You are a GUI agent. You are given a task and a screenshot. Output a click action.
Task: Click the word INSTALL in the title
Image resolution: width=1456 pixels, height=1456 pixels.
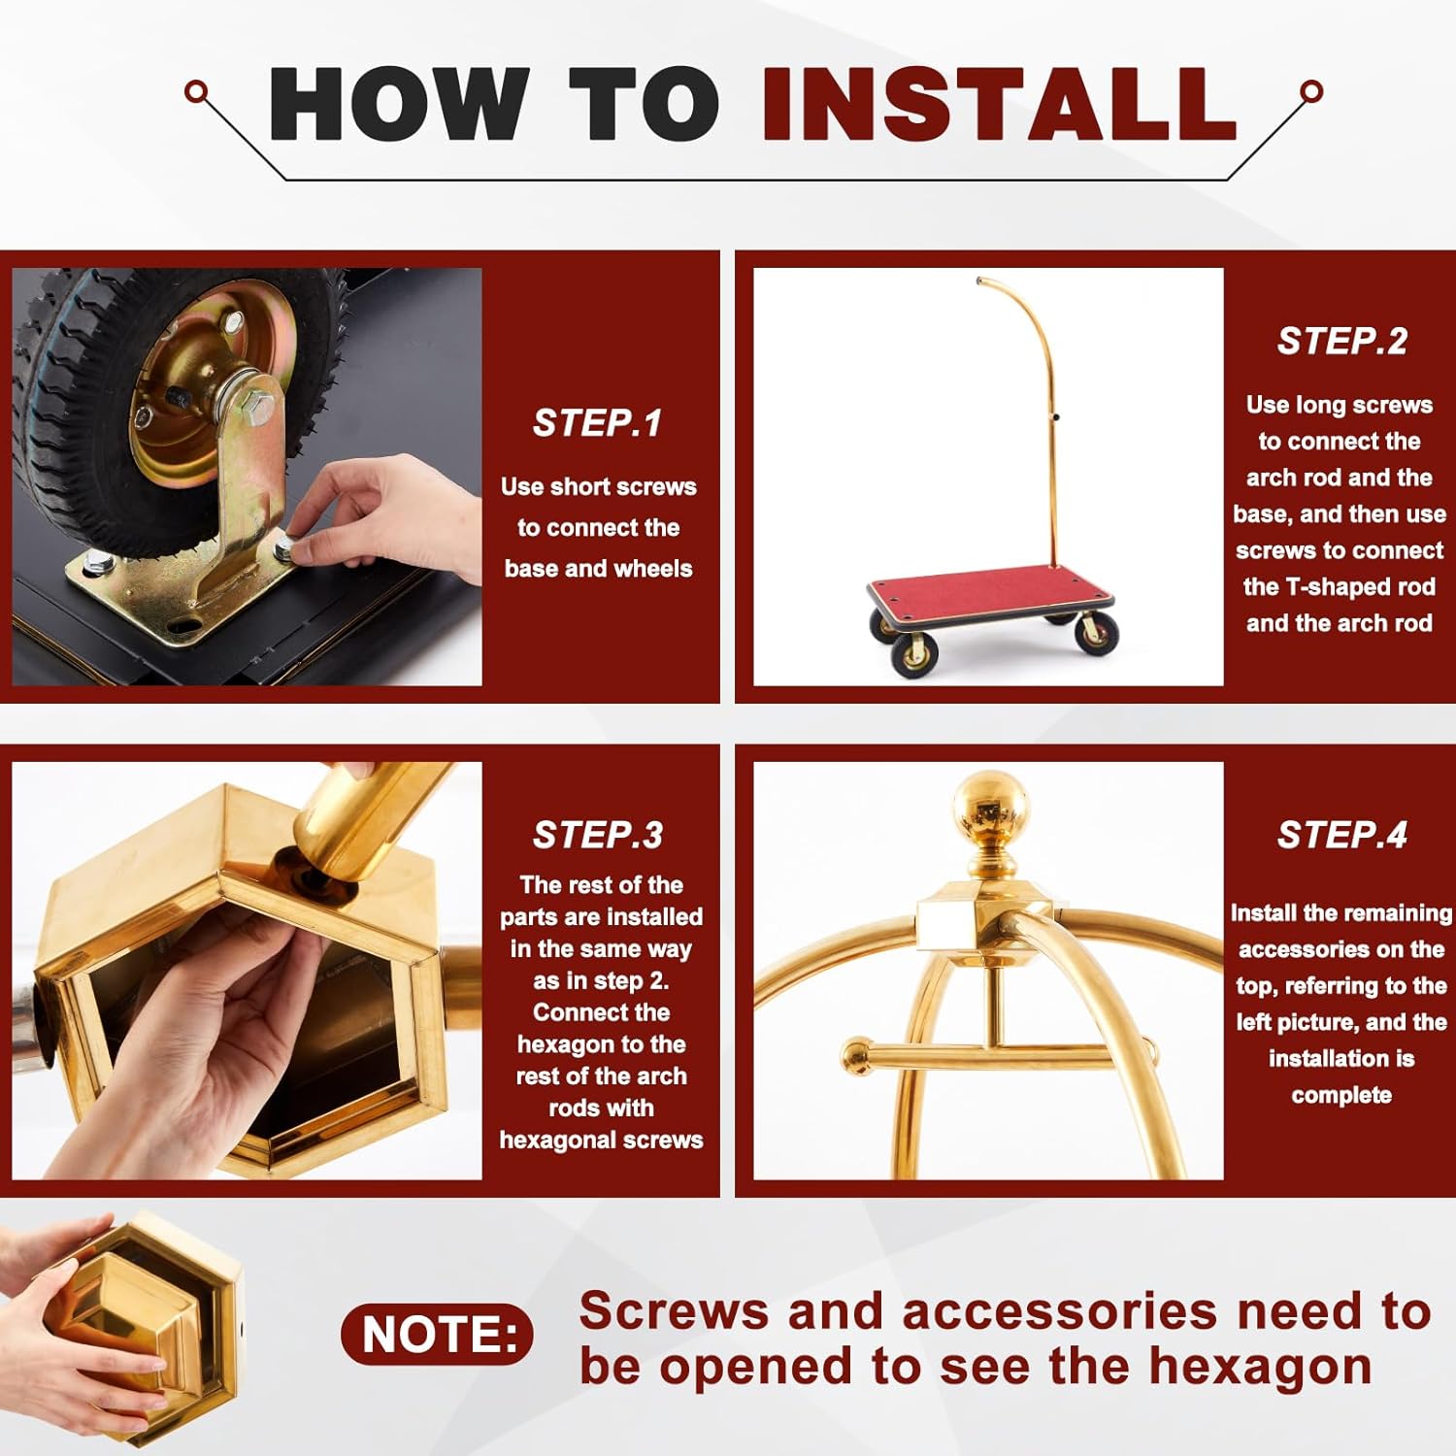(999, 104)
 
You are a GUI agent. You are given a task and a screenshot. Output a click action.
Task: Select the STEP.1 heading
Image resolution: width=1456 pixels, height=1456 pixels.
(597, 423)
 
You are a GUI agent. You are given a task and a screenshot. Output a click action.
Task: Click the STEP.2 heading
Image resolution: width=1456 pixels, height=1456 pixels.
(1341, 341)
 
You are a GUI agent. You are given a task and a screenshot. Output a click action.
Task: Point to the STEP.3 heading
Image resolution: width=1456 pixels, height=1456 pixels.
(597, 835)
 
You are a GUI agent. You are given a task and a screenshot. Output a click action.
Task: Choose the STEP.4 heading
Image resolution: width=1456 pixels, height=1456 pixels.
(1341, 835)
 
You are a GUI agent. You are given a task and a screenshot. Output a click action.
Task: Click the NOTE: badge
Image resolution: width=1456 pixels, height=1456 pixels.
(437, 1335)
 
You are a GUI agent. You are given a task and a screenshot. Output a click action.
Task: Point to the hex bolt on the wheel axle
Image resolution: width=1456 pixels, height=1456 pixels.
(254, 411)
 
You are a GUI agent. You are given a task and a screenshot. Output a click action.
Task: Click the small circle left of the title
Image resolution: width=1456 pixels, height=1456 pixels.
(196, 92)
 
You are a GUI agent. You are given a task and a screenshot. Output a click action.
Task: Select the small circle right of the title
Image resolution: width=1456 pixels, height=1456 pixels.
(1311, 92)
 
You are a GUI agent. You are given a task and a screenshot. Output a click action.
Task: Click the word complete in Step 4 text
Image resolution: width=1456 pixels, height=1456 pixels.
(1341, 1096)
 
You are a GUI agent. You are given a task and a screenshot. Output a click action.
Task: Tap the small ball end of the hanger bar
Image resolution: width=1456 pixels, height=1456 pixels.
(856, 1056)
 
